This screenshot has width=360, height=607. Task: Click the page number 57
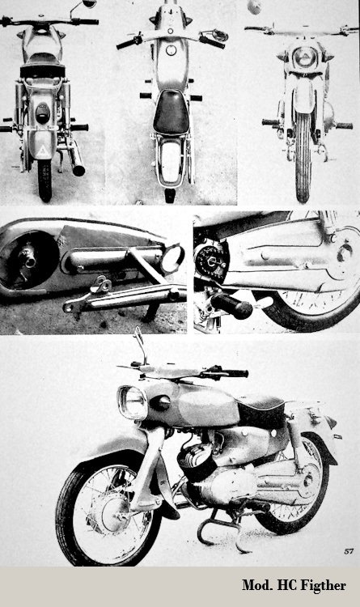pyautogui.click(x=349, y=551)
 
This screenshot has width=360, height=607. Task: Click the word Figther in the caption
pyautogui.click(x=324, y=585)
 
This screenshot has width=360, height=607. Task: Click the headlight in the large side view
pyautogui.click(x=132, y=402)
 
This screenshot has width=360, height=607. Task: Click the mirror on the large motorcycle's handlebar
pyautogui.click(x=140, y=345)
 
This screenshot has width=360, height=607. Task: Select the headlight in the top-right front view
pyautogui.click(x=304, y=57)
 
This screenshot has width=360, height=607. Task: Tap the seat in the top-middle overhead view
pyautogui.click(x=171, y=112)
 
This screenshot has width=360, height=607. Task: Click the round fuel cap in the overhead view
pyautogui.click(x=171, y=50)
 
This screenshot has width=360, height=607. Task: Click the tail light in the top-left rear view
pyautogui.click(x=43, y=113)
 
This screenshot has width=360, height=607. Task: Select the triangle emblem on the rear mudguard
pyautogui.click(x=42, y=150)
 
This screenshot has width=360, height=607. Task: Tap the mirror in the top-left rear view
pyautogui.click(x=89, y=3)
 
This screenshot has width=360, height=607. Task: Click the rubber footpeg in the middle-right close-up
pyautogui.click(x=231, y=304)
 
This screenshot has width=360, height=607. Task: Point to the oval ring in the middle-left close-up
pyautogui.click(x=172, y=259)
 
